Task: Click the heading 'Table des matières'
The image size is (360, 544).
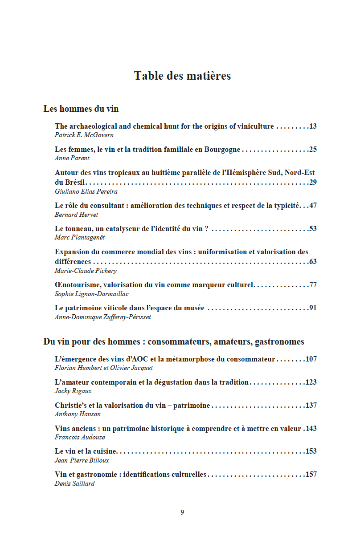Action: click(182, 76)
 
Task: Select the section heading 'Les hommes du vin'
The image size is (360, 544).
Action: click(81, 109)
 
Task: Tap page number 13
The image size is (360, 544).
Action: click(313, 126)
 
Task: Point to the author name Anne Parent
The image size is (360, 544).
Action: click(72, 158)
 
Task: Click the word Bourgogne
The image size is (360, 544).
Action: click(222, 150)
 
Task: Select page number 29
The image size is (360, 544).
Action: click(313, 182)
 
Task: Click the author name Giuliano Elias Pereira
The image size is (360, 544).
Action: click(86, 191)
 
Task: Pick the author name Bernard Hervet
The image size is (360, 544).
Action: click(76, 214)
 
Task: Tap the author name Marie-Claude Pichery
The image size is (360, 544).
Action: click(86, 270)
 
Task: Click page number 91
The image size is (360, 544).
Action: click(313, 308)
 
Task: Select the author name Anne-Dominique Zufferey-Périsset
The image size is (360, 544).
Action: click(102, 317)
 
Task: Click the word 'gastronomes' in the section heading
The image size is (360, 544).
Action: click(279, 342)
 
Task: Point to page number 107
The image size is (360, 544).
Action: click(311, 359)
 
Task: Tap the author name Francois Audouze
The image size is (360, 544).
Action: click(80, 437)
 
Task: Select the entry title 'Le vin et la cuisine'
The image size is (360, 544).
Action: click(86, 451)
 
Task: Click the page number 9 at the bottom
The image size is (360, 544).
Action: click(182, 512)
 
